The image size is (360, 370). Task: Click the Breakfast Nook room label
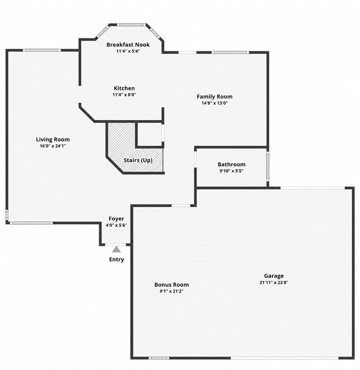coord(128,44)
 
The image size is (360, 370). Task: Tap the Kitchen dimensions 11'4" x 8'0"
coord(124,95)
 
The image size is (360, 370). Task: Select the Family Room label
coord(215,96)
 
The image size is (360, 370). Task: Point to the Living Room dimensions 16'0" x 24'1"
coord(53,146)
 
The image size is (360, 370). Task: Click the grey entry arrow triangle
coord(117,249)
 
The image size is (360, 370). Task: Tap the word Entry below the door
coord(117,259)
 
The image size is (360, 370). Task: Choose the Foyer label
coord(116,219)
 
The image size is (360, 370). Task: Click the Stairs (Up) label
coord(138,160)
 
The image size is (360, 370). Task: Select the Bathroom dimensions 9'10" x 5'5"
coord(231,171)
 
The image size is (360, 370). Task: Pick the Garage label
coord(274,276)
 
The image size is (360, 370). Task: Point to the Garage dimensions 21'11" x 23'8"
coord(274,282)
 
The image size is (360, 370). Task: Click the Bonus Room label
coord(171,285)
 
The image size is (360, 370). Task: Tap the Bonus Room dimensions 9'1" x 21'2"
coord(171,291)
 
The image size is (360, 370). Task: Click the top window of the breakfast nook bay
coord(131,25)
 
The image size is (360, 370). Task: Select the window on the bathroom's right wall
coord(268,166)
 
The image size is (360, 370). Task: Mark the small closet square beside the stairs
coord(150,134)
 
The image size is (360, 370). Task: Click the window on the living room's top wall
coord(42,50)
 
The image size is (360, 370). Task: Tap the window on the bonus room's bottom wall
coord(159,358)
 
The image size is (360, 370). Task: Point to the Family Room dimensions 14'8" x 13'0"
coord(215,103)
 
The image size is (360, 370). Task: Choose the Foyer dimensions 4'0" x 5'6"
coord(116,225)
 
